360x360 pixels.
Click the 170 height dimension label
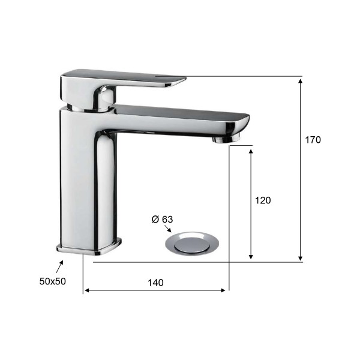pyautogui.click(x=313, y=140)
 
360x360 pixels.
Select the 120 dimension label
pyautogui.click(x=263, y=200)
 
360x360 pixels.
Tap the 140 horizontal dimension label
pyautogui.click(x=155, y=283)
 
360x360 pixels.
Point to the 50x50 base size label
pyautogui.click(x=53, y=281)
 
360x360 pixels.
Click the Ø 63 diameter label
pyautogui.click(x=163, y=219)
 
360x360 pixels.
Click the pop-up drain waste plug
pyautogui.click(x=192, y=244)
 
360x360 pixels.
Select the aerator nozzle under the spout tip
pyautogui.click(x=226, y=139)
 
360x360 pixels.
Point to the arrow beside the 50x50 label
pyautogui.click(x=59, y=266)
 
